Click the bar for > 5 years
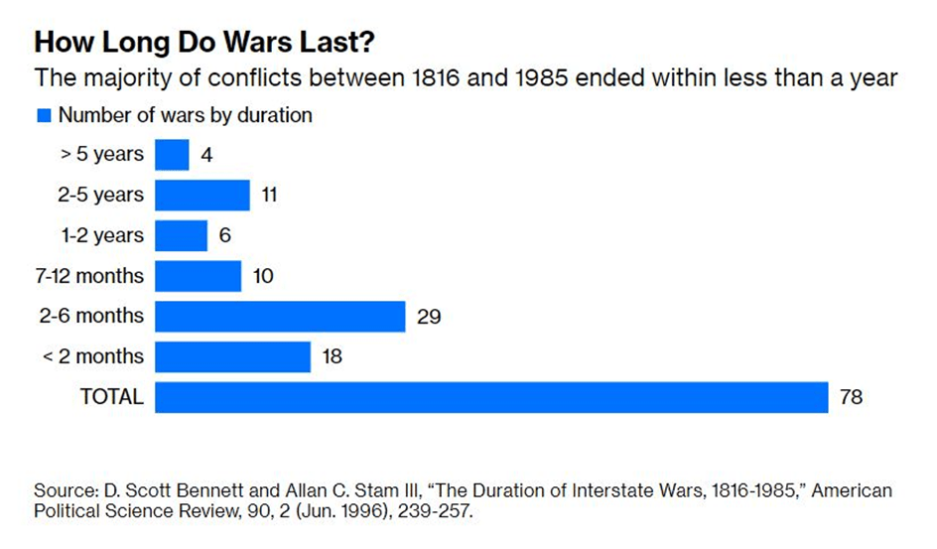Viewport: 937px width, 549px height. pos(172,155)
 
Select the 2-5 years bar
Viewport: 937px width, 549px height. pos(202,196)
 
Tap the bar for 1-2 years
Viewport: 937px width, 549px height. pos(181,235)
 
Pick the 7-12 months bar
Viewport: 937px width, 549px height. pos(199,276)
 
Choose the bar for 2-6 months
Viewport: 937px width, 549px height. pos(280,317)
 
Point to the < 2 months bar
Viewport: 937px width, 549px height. pos(233,356)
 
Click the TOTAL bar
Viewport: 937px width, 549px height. pos(491,397)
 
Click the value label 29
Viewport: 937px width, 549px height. pos(429,317)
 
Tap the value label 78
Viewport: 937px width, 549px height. pos(851,397)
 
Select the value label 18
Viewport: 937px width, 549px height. pos(333,356)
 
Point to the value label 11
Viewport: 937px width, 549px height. pos(268,196)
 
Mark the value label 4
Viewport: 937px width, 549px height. pos(206,155)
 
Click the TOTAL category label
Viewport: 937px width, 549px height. pos(111,397)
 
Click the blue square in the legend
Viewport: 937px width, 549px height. pos(44,116)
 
